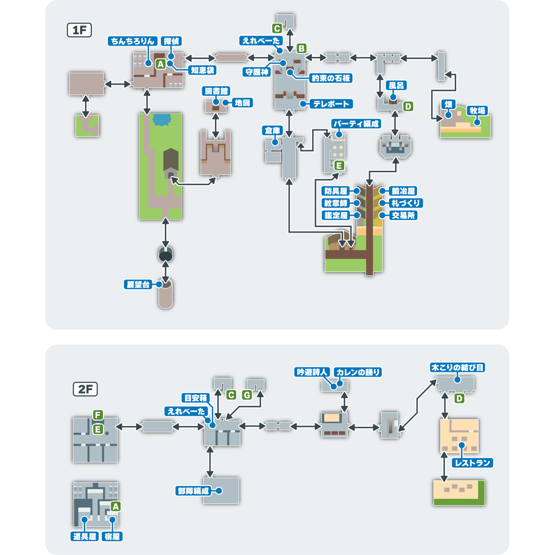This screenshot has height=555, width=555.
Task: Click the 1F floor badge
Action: click(x=79, y=30)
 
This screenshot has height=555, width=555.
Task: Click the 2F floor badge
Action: click(x=85, y=389)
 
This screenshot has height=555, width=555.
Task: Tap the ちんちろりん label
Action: click(x=133, y=41)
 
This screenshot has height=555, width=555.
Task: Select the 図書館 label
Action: click(x=216, y=91)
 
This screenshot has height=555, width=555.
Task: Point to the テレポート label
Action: click(x=331, y=104)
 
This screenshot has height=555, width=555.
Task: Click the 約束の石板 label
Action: click(x=331, y=78)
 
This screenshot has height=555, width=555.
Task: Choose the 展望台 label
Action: click(x=138, y=284)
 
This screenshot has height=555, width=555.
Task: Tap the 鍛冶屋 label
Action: click(x=403, y=191)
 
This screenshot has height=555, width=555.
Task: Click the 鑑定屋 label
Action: click(x=336, y=215)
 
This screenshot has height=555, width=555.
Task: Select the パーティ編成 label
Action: click(x=356, y=124)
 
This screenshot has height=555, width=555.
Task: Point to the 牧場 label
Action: click(x=477, y=111)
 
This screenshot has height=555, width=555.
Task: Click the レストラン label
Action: click(x=472, y=463)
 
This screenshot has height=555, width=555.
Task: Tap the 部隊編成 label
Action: click(x=193, y=491)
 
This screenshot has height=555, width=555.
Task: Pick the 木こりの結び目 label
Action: click(x=457, y=367)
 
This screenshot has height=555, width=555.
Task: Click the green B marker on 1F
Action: click(x=301, y=48)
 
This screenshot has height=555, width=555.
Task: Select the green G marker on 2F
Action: click(x=247, y=395)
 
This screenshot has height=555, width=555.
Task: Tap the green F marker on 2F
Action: click(x=98, y=415)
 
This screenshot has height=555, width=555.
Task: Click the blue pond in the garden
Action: click(x=162, y=120)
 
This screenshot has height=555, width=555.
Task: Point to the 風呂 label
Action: click(x=396, y=85)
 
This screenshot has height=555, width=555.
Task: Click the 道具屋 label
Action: click(x=85, y=536)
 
